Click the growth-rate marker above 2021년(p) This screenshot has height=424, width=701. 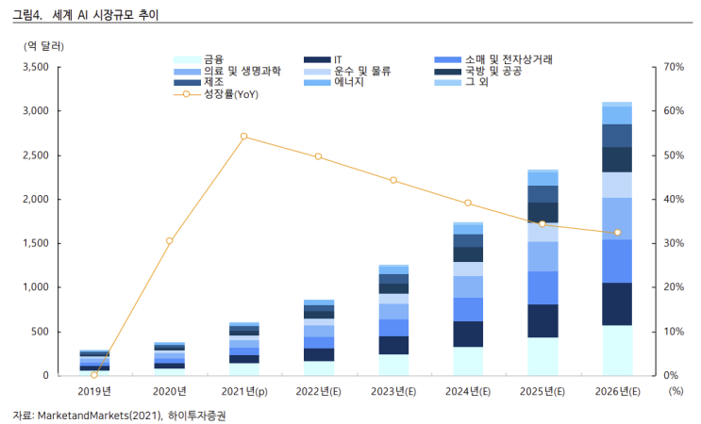(x=243, y=136)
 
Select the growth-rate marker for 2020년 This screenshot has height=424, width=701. (x=170, y=241)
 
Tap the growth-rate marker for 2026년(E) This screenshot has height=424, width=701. (x=617, y=233)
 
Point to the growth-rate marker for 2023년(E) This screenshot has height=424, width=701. (x=393, y=180)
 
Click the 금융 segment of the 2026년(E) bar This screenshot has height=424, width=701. (x=617, y=351)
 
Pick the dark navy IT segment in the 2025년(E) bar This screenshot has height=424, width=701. (x=542, y=321)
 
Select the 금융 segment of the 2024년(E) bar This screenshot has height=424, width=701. (x=468, y=361)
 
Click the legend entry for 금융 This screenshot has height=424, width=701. (x=198, y=59)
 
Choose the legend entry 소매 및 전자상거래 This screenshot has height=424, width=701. (x=493, y=59)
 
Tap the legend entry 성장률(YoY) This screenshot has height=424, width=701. (x=216, y=94)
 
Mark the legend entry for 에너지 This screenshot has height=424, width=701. (x=333, y=82)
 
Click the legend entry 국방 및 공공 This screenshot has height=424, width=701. (x=478, y=71)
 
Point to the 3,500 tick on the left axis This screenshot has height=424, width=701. (x=36, y=67)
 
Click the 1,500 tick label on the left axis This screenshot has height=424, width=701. (x=36, y=243)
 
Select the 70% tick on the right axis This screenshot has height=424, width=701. (x=674, y=67)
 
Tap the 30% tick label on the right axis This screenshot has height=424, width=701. (x=674, y=243)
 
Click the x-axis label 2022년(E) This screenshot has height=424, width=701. (x=318, y=391)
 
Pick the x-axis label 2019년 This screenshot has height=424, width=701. (x=94, y=391)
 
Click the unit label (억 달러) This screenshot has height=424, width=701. (x=43, y=46)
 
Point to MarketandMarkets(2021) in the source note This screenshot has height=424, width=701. (x=99, y=416)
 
